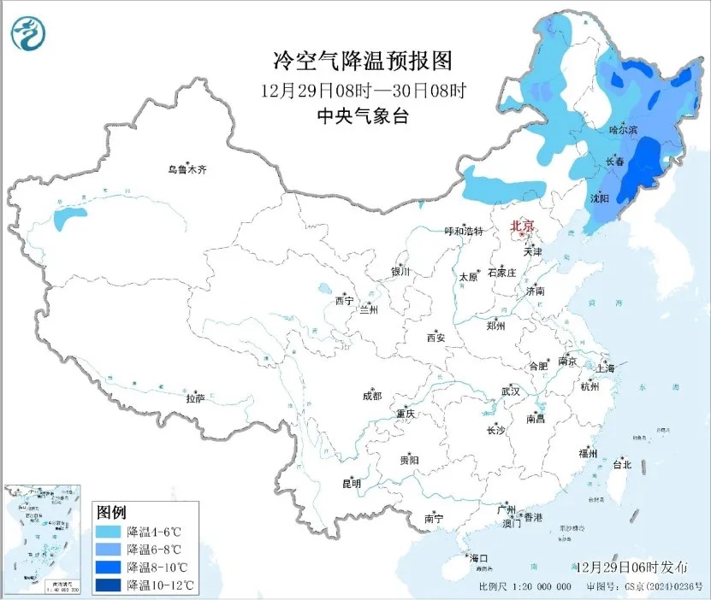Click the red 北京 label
522,226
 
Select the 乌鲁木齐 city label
187,170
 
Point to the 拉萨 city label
196,397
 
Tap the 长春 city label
614,162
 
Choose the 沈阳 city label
600,198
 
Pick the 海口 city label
478,558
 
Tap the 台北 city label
621,465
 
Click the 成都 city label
372,396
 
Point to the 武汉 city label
511,391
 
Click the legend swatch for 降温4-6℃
109,531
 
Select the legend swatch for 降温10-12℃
109,585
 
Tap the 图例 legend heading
111,513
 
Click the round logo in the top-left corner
29,33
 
